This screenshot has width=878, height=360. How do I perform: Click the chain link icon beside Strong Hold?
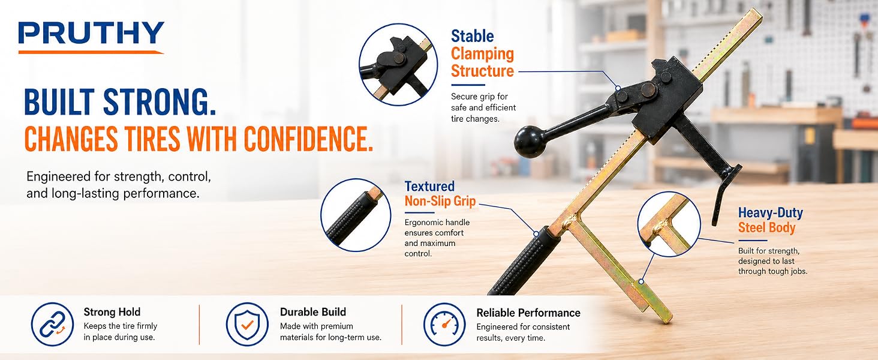pyautogui.click(x=52, y=325)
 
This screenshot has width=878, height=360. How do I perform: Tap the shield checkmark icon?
pyautogui.click(x=247, y=325)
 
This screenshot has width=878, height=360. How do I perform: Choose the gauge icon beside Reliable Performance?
pyautogui.click(x=444, y=325)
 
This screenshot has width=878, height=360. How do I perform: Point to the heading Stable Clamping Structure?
pyautogui.click(x=482, y=54)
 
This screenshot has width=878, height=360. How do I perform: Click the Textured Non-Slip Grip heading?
pyautogui.click(x=440, y=193)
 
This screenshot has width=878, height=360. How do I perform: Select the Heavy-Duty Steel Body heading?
pyautogui.click(x=770, y=220)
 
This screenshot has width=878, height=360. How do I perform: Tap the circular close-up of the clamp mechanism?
pyautogui.click(x=398, y=64)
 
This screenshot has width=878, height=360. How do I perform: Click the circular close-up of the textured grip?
pyautogui.click(x=356, y=215)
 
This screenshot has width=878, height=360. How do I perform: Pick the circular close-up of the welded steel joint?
pyautogui.click(x=669, y=224)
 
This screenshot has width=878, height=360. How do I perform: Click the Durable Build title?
pyautogui.click(x=313, y=312)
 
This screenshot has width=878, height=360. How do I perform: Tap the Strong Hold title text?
pyautogui.click(x=112, y=312)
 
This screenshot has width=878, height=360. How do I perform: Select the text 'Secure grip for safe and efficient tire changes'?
pyautogui.click(x=483, y=107)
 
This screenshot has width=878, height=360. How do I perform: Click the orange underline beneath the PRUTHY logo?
pyautogui.click(x=91, y=52)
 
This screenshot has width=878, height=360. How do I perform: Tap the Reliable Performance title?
pyautogui.click(x=528, y=313)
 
